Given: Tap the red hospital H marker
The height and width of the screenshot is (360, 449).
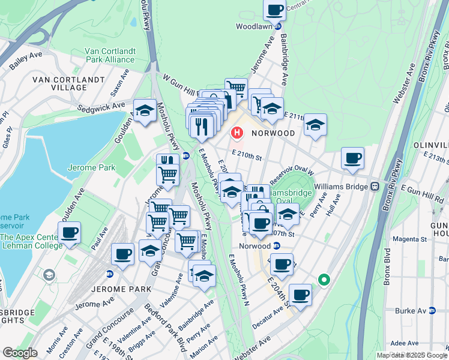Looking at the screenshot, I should tap(237, 133).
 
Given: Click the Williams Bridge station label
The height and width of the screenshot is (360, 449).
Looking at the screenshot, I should tap(345, 187).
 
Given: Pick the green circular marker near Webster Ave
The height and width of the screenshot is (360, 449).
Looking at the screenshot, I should tap(324, 280).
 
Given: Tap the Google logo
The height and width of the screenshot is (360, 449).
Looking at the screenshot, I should tap(20, 353).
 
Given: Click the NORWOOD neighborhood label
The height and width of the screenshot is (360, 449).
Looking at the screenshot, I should tap(273, 133).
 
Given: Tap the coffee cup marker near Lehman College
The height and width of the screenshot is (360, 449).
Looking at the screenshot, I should tap(69, 232).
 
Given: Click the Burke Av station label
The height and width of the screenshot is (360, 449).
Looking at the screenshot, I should tap(411, 311).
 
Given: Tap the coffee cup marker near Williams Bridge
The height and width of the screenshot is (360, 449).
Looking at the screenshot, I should tap(352, 158).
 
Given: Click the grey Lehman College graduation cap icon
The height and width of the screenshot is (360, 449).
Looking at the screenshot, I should tap(49, 274).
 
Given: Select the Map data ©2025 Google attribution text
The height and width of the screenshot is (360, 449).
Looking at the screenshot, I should tap(412, 355).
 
